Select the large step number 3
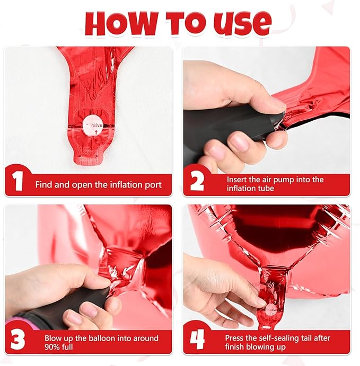[17, 340]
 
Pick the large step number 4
[197, 340]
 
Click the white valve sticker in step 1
[93, 126]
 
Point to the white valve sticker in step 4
[271, 310]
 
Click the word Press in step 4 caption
[235, 338]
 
